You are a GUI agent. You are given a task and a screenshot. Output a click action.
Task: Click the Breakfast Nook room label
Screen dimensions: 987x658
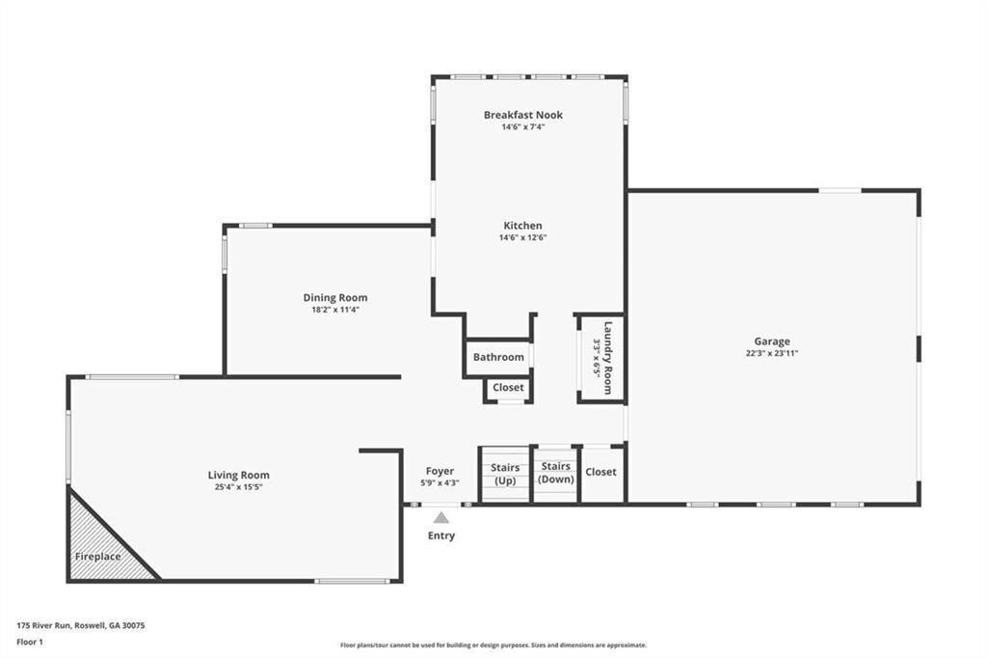[523, 115]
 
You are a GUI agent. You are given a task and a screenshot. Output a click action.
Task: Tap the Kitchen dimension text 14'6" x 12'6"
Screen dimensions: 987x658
[523, 237]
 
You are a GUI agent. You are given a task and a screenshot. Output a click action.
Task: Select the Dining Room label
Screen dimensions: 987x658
[334, 297]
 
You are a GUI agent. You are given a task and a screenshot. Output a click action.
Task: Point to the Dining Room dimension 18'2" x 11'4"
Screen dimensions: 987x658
[334, 310]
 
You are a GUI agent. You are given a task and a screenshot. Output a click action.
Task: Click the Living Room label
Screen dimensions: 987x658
[239, 476]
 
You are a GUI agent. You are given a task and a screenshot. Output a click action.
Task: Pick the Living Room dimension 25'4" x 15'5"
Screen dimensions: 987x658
[239, 487]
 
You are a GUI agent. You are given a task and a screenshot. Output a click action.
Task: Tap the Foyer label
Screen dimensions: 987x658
[440, 471]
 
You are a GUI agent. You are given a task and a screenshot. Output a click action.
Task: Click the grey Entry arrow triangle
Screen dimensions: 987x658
[441, 517]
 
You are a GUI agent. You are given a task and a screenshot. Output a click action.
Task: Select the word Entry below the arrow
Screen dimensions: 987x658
[441, 535]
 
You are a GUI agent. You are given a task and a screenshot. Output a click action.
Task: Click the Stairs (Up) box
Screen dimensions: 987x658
[505, 475]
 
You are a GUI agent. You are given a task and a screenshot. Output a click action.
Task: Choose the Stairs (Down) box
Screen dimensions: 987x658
[556, 474]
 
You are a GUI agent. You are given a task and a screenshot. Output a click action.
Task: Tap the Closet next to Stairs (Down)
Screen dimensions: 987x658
[602, 474]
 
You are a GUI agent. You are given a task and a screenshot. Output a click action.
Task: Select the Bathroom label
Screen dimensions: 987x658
[498, 357]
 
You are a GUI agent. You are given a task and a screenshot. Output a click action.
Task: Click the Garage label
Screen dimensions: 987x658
[772, 342]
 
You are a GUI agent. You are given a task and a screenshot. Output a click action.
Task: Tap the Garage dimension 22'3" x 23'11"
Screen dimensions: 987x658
[772, 353]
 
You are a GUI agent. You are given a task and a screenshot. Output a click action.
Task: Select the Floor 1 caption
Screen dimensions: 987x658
[30, 643]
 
